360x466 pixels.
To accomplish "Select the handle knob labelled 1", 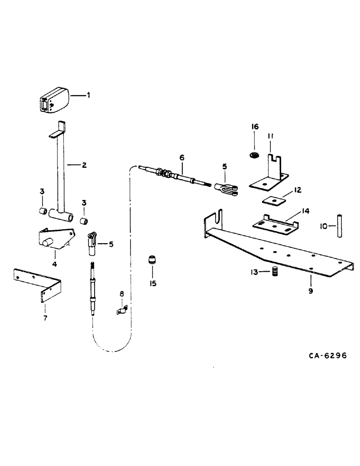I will (x=54, y=100).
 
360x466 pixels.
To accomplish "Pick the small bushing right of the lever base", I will (x=84, y=221).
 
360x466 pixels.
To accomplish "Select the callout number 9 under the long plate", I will (x=310, y=291).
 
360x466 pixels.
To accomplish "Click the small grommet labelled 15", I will (x=152, y=259).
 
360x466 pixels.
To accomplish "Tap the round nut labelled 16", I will (x=254, y=156).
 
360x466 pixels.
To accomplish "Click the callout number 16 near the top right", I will (x=255, y=127).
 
